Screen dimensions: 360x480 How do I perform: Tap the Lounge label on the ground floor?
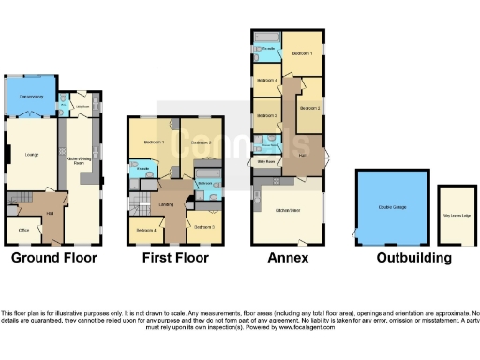coord(30,154)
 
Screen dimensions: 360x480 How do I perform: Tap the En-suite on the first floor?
coord(142,170)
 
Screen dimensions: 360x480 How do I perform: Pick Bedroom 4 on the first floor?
coord(145,230)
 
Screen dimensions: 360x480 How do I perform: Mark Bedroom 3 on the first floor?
coord(204,227)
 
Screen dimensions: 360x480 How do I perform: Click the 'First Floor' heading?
coord(175,258)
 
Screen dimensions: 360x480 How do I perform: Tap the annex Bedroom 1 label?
coord(301,53)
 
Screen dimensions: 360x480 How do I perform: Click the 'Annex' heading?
coord(288,258)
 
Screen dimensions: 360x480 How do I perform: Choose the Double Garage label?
coord(393,207)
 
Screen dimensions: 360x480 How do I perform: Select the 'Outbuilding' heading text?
coord(409,258)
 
